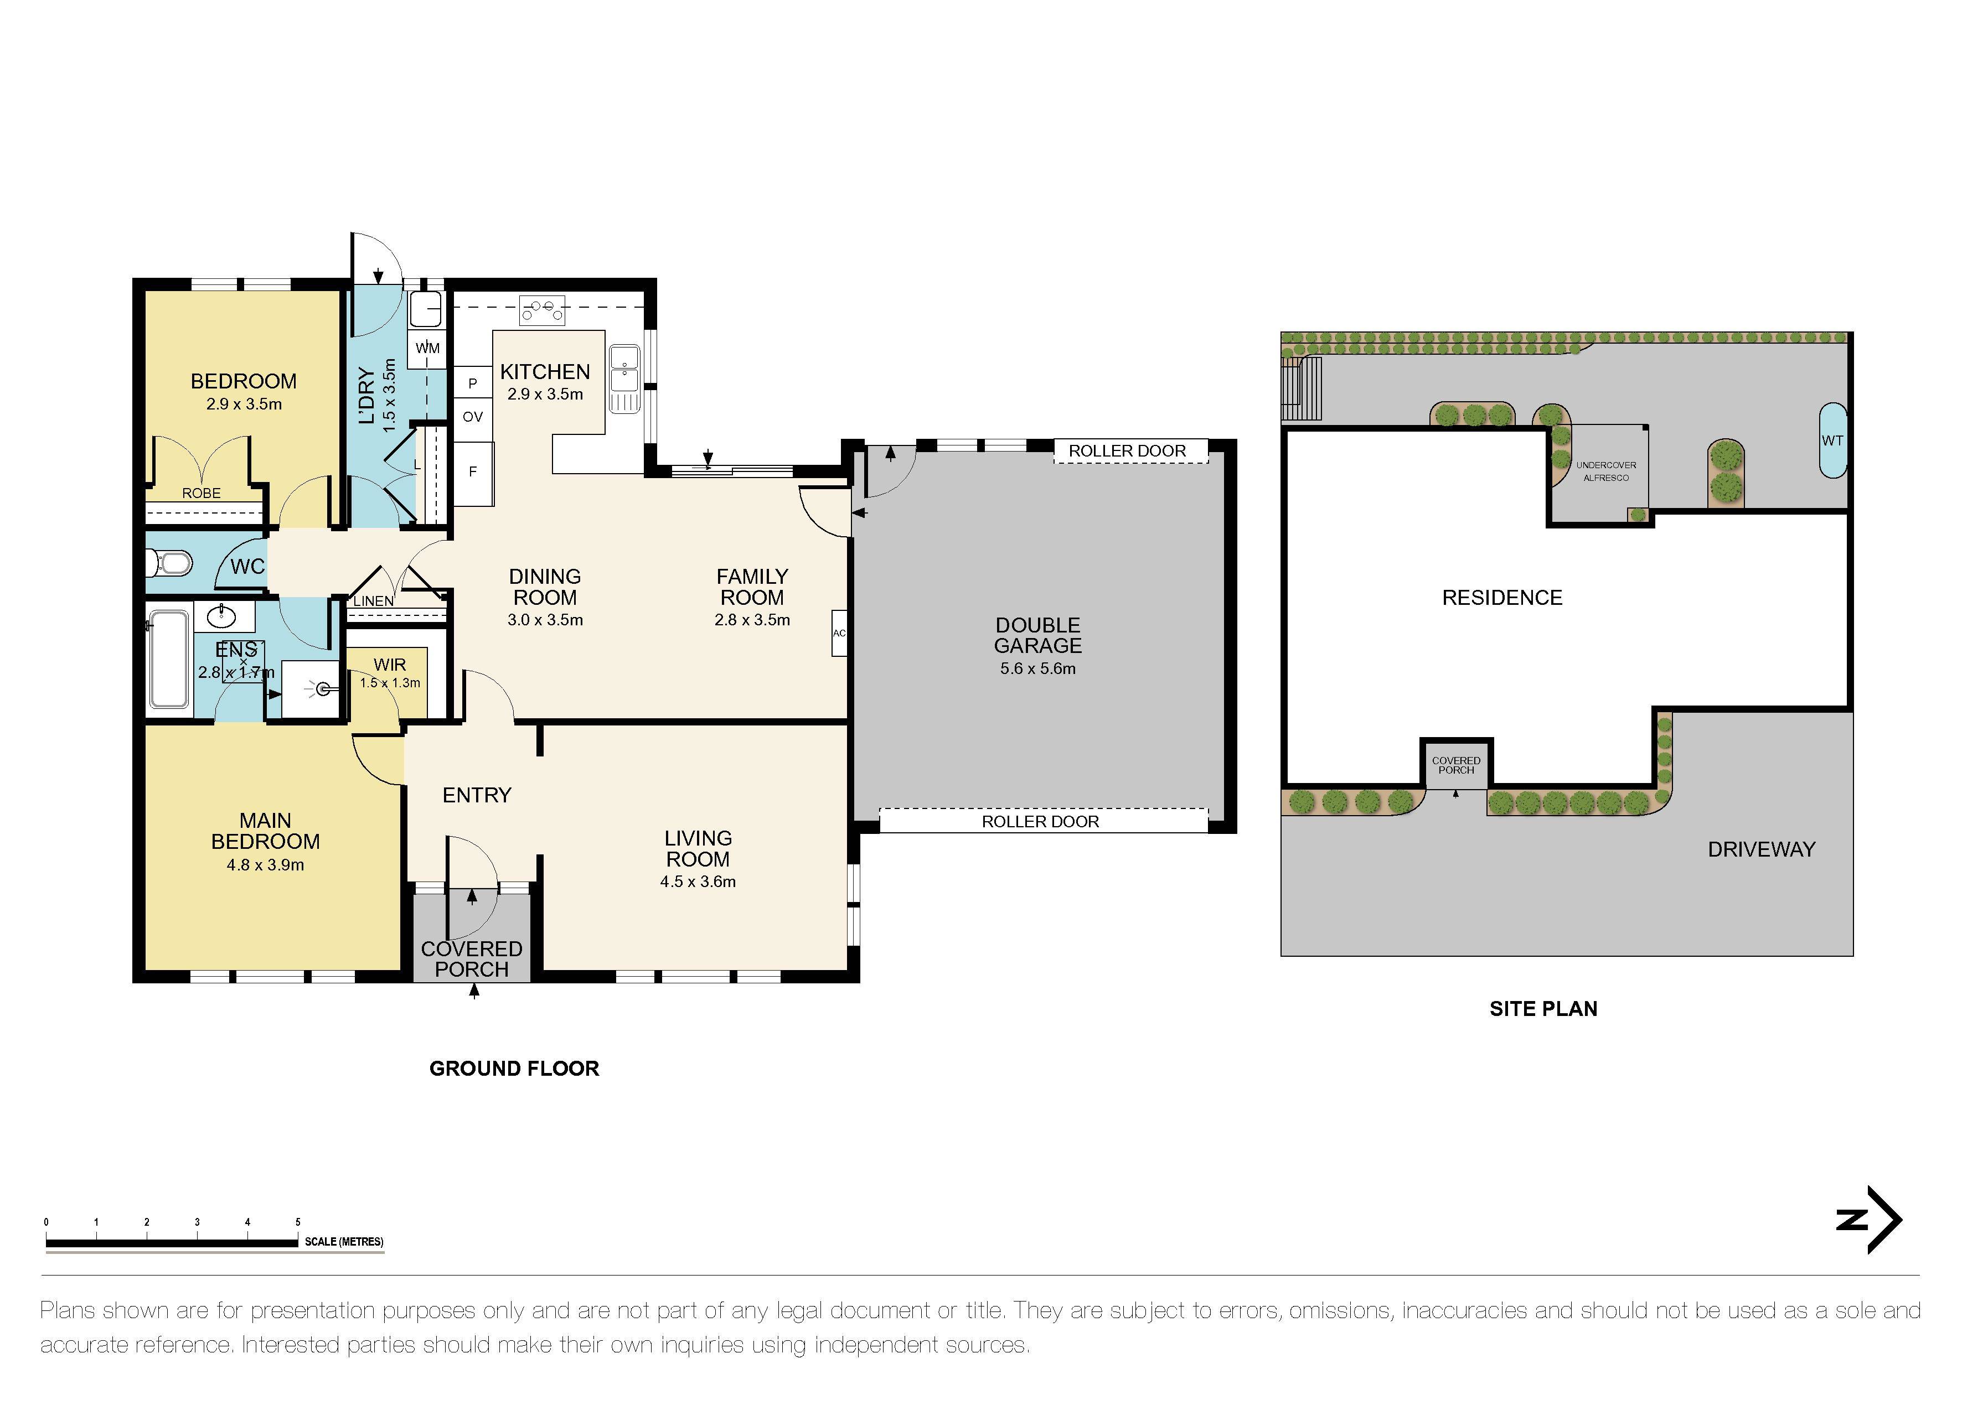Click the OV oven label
coord(473,416)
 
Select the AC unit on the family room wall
coord(839,633)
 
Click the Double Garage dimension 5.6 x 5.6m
coord(1037,668)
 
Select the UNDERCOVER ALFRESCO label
coord(1605,471)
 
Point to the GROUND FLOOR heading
coord(514,1068)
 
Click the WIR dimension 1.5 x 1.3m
coord(390,683)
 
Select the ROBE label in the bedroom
coord(201,494)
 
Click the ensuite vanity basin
coord(224,616)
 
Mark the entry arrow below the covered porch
coord(474,992)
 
